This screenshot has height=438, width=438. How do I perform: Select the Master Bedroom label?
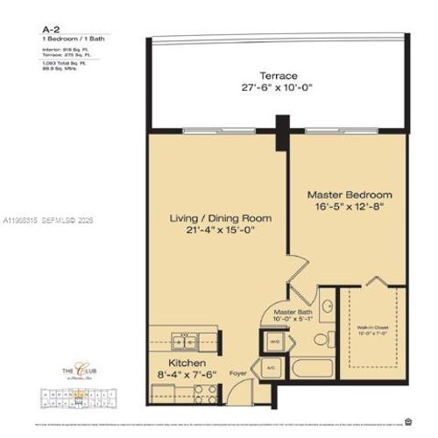(x=349, y=194)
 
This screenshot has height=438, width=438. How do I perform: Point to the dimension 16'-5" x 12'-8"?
(x=349, y=207)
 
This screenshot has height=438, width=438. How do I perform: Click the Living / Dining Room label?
(x=220, y=217)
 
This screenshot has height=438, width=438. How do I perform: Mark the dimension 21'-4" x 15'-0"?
(x=220, y=230)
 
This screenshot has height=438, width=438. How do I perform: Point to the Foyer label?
(x=237, y=372)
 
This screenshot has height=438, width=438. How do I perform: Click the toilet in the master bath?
(x=321, y=339)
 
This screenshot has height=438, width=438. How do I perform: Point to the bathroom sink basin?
(x=326, y=307)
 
